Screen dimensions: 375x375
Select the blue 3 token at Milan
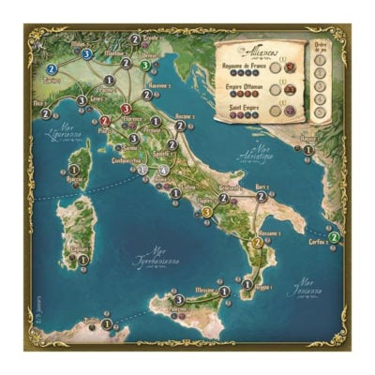pos(87,54)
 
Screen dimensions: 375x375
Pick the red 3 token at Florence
pos(126,109)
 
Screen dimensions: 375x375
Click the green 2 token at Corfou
pos(334,236)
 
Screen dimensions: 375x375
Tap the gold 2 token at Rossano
pos(256,244)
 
